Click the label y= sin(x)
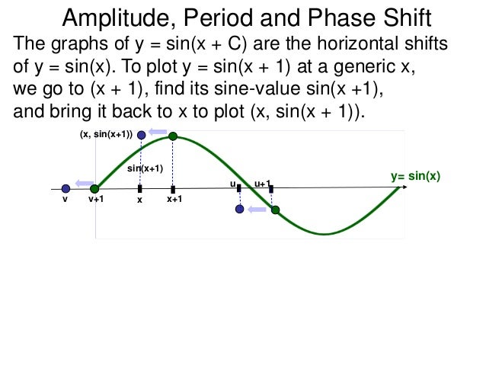pos(416,177)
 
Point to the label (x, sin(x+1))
pos(105,135)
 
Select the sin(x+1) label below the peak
pos(145,168)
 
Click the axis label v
pos(66,200)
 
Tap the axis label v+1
pos(95,200)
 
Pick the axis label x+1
pos(174,200)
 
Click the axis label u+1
pos(262,183)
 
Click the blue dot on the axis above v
pos(66,188)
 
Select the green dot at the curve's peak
pos(173,136)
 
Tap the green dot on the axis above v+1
pos(94,188)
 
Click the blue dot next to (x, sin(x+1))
pos(141,135)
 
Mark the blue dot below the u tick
pos(240,209)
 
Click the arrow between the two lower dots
pos(257,209)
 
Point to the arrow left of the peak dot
pos(158,132)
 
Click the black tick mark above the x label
pos(140,188)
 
